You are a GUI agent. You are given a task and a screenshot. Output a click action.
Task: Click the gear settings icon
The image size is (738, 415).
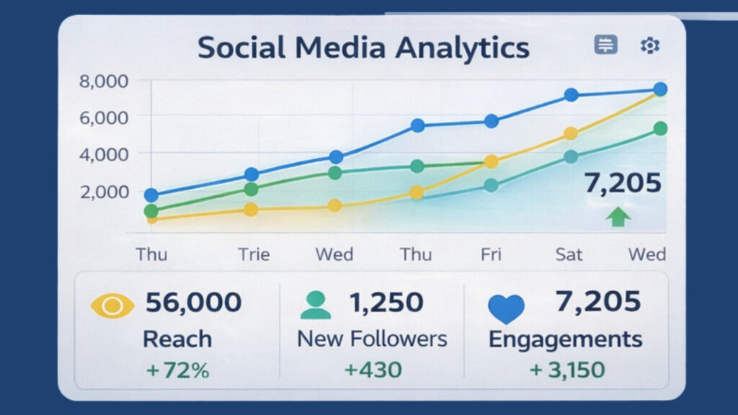point(649,46)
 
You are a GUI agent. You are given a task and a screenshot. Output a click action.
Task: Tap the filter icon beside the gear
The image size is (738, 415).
point(605,45)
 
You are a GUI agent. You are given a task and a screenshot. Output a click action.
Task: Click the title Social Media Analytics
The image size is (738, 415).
point(363,48)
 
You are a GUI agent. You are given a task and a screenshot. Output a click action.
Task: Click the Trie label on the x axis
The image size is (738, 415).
point(254,254)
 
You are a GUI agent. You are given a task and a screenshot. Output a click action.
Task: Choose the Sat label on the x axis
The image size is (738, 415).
point(569,254)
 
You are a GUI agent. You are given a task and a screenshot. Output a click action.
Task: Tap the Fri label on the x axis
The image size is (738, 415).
point(490,254)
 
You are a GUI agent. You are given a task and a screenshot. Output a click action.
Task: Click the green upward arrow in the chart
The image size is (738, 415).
point(618,217)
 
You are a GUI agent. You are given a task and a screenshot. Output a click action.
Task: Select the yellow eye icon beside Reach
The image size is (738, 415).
point(112,305)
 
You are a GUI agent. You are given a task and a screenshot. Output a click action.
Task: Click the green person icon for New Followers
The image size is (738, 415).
point(315,305)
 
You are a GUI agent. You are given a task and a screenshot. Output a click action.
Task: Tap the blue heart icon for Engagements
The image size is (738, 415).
point(507,308)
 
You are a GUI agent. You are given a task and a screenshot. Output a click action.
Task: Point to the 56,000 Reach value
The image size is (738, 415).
point(193,303)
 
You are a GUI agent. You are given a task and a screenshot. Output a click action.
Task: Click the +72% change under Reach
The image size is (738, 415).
point(177,371)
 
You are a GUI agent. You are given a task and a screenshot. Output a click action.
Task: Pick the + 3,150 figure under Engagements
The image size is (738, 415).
point(566,370)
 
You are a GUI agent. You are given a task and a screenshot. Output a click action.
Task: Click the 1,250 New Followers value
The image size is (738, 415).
point(386,303)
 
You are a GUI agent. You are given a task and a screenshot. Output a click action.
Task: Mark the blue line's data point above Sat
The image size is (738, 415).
point(571,95)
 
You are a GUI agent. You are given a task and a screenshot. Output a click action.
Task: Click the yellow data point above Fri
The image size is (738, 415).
point(491,161)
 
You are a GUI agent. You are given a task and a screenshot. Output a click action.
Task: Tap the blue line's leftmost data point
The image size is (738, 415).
point(151,195)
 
